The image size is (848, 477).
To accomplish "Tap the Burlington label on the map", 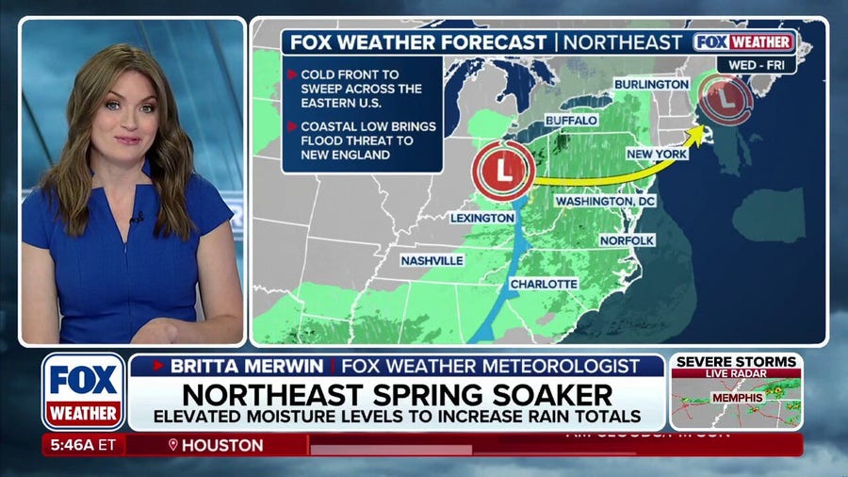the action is [x=652, y=85].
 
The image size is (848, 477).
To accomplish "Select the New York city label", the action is [x=657, y=154].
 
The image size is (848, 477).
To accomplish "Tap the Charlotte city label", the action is [x=544, y=284].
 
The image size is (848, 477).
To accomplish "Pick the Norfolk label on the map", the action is [x=627, y=240].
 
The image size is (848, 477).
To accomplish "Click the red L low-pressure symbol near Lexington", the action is [x=504, y=171].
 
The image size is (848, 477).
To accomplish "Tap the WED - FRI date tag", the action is [x=756, y=64].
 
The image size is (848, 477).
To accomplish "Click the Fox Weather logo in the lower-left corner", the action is [x=83, y=390].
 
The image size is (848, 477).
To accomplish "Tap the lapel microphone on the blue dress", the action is [x=138, y=218].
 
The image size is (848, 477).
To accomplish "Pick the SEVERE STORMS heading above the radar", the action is [x=735, y=362].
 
